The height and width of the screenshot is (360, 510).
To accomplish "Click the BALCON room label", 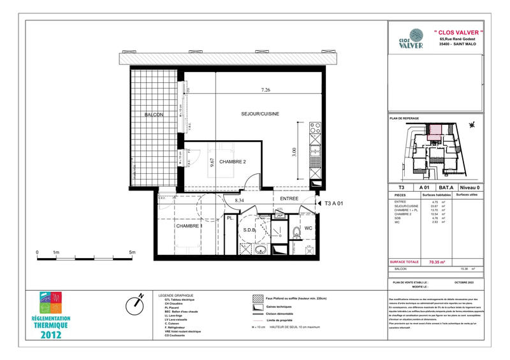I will click(x=154, y=115).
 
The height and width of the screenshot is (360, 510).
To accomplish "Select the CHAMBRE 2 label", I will click(x=233, y=162).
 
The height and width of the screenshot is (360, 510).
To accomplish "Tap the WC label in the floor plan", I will click(x=308, y=227).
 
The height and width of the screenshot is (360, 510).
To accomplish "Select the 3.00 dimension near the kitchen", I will click(x=294, y=152).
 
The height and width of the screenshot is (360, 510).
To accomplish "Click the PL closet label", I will click(x=229, y=219).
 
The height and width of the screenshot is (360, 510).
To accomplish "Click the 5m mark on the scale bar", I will click(x=132, y=252).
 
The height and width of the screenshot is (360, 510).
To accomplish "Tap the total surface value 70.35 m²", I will click(x=437, y=262).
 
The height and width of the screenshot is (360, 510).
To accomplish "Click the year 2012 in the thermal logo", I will click(x=52, y=335).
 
